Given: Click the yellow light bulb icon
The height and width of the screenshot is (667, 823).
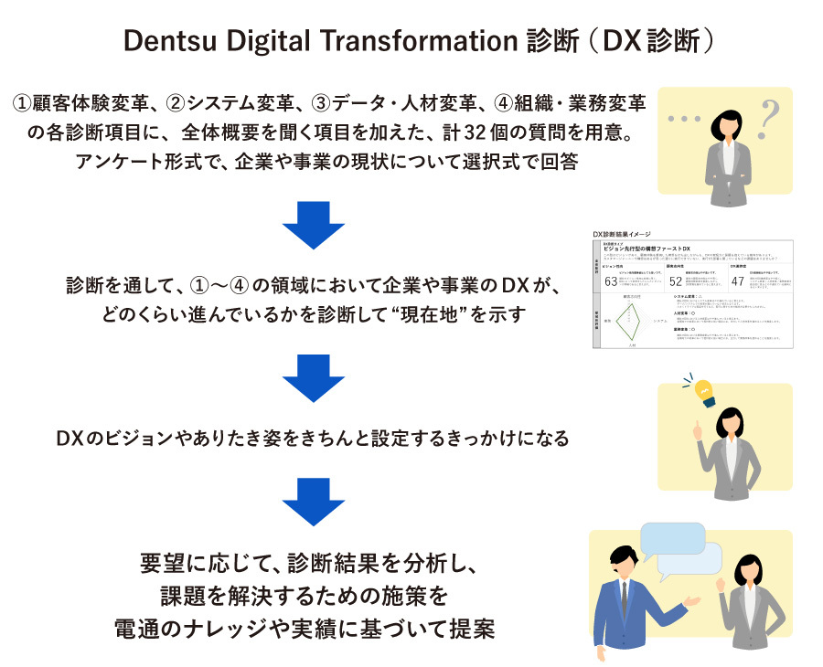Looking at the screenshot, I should [704, 390].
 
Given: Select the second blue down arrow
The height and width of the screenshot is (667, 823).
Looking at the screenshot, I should [313, 376].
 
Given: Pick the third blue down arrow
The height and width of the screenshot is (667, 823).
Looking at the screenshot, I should [313, 501].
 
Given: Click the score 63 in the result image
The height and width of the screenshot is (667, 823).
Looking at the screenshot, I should [611, 281].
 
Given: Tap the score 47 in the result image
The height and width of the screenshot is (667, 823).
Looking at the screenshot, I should [738, 281].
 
